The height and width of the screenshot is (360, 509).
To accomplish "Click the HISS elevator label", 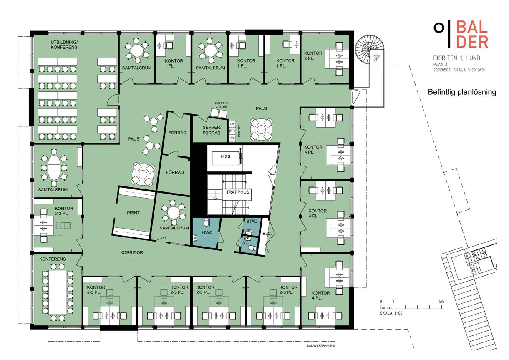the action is pos(225,156).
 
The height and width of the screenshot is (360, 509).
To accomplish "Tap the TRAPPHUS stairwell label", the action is pos(237,192).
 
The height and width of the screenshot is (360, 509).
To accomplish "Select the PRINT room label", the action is pos(133,213).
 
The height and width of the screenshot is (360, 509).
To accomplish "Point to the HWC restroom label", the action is pos(207,232).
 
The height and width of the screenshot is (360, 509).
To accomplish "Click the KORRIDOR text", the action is pos(131,252).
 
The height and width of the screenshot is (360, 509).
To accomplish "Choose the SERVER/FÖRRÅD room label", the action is pos(212,130).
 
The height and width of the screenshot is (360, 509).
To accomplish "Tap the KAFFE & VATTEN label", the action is pos(221,105).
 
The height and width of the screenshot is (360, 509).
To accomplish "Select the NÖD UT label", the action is pos(376,58).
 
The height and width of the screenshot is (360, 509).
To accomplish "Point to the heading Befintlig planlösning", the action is pos(462,92).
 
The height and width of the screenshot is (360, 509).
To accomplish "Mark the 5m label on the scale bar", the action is pos(441,302).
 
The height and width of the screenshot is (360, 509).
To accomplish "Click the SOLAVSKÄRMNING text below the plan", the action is pos(320,345).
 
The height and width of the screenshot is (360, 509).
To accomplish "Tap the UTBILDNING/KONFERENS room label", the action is pos(64,45).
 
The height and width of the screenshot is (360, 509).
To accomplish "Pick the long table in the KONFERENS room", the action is pos(58,292).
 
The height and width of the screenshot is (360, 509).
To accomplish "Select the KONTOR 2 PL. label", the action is pos(313,55).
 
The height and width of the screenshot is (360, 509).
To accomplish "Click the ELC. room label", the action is pos(267,233).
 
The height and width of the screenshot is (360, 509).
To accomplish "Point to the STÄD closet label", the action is pos(252,221).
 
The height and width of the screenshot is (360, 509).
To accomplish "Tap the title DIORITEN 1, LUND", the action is pos(457,58).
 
